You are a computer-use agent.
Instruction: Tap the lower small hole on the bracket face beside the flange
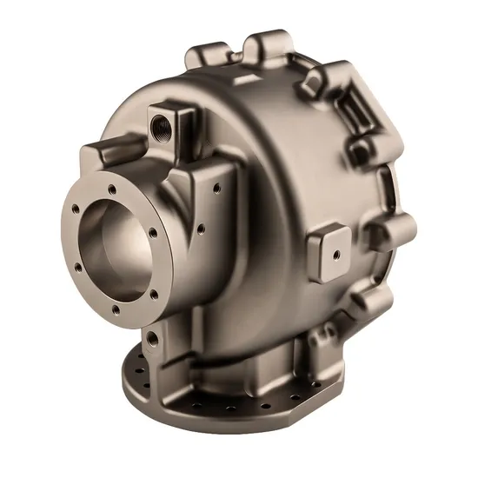click(201, 229)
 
